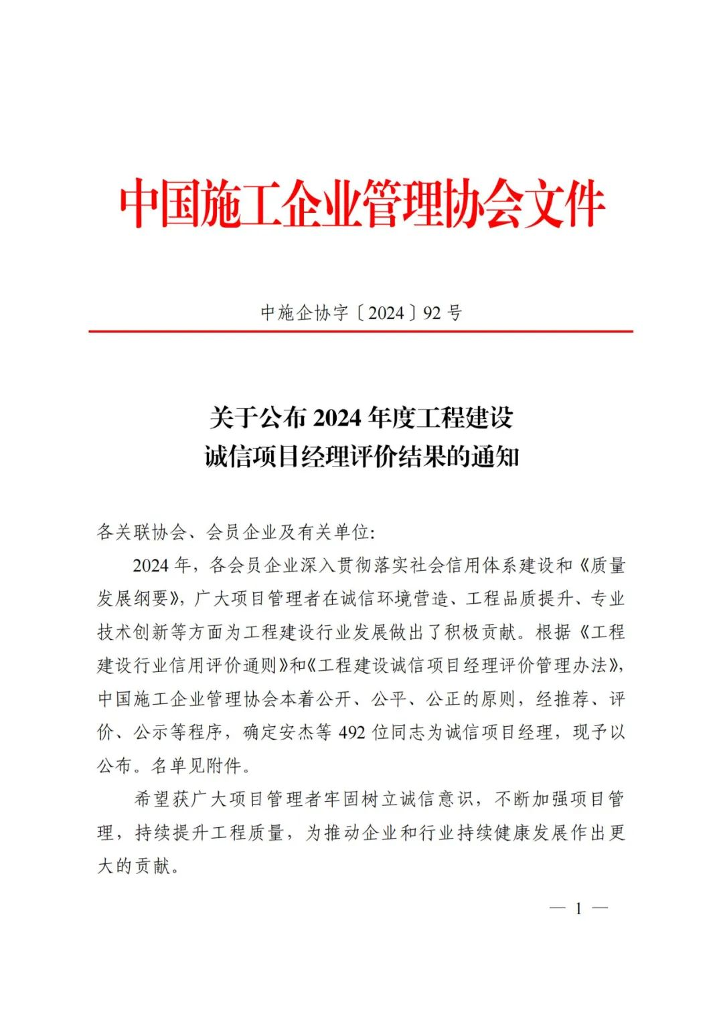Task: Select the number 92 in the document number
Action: pyautogui.click(x=432, y=313)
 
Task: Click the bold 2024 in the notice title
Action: pyautogui.click(x=337, y=418)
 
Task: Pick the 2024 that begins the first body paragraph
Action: pyautogui.click(x=150, y=566)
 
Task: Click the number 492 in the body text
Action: pyautogui.click(x=352, y=733)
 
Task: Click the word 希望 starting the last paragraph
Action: pyautogui.click(x=152, y=799)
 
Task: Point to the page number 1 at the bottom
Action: pyautogui.click(x=578, y=908)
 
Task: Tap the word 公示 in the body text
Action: pyautogui.click(x=150, y=733)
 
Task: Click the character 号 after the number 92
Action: pyautogui.click(x=455, y=313)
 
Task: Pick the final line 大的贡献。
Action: pyautogui.click(x=139, y=866)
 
